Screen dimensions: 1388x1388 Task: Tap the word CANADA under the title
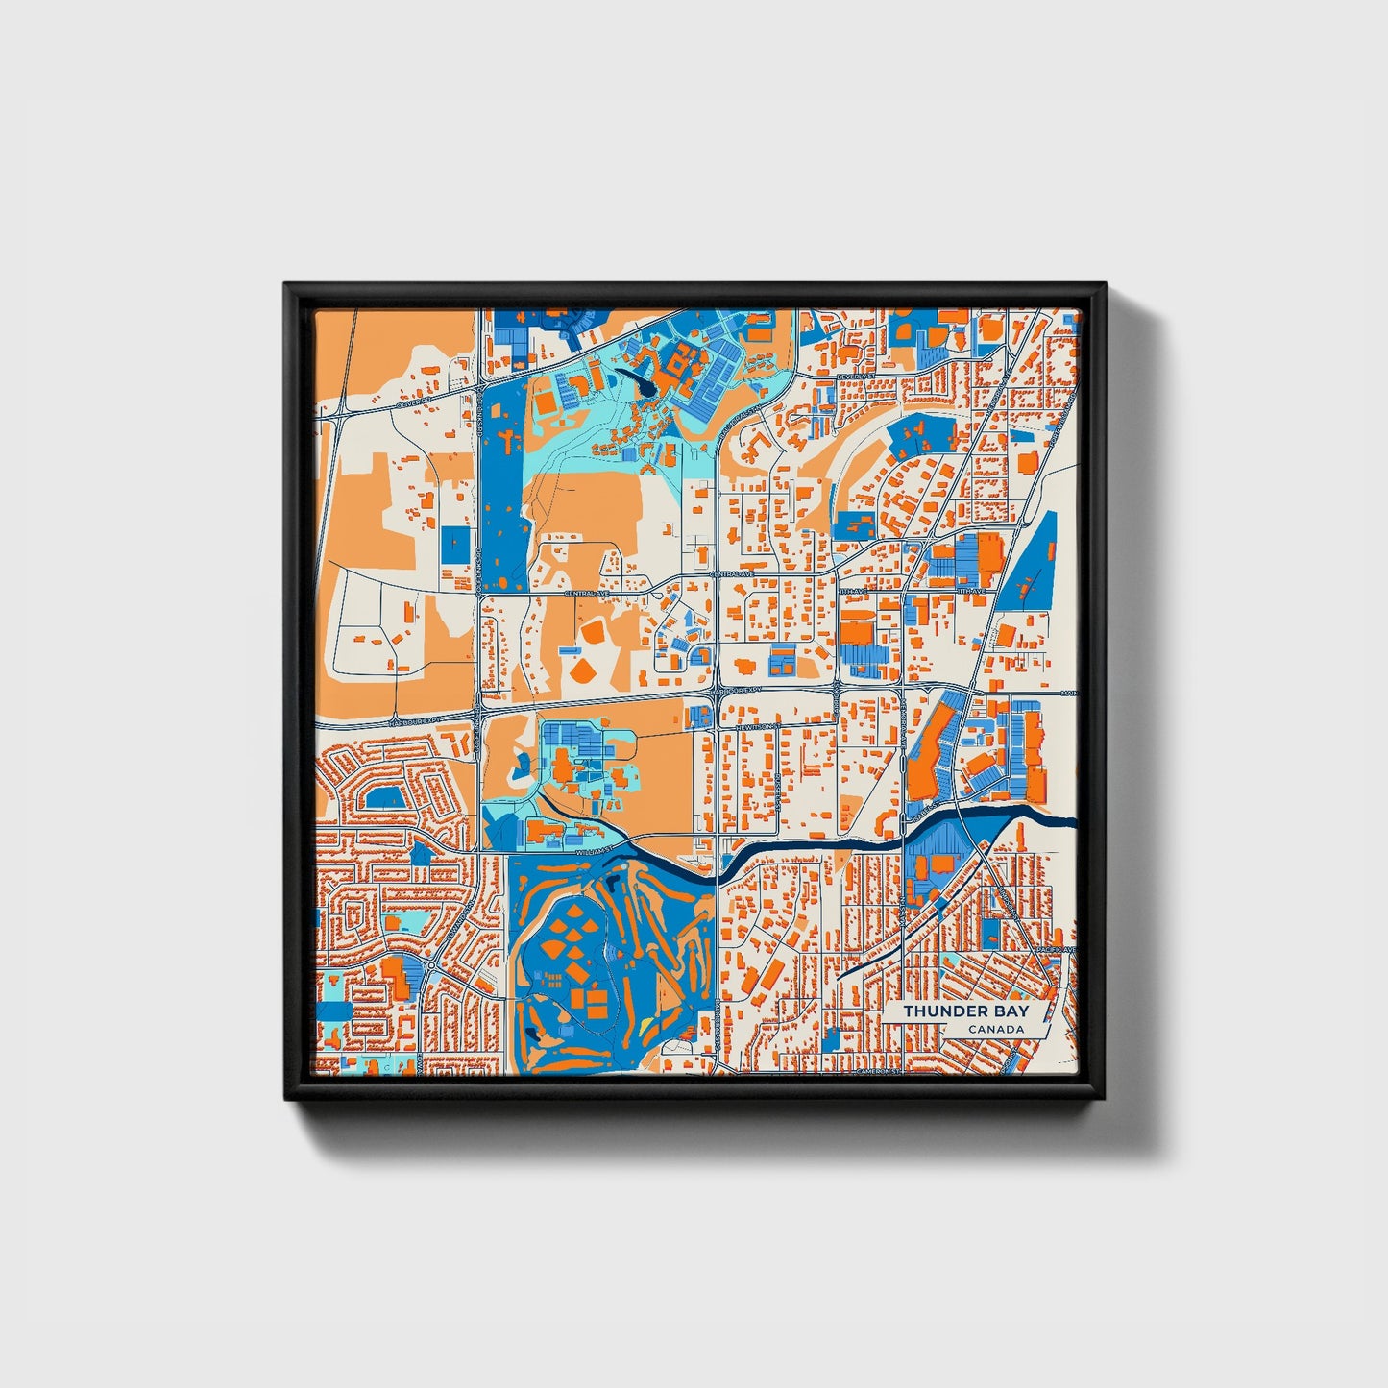point(995,1030)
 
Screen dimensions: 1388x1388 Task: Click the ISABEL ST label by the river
point(929,813)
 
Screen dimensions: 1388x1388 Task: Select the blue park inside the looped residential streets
point(386,796)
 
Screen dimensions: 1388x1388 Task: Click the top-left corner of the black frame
point(285,284)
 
